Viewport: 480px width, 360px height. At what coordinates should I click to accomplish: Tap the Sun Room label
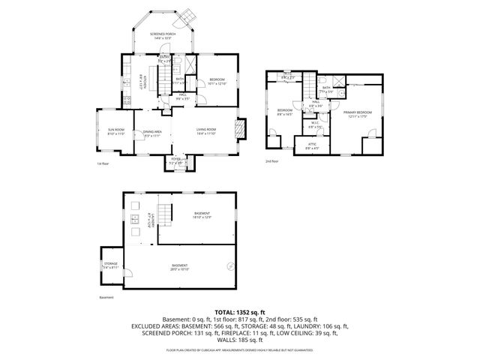(115, 130)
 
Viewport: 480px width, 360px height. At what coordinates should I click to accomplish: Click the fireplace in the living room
(239, 130)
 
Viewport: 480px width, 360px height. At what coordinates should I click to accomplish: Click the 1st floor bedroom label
(217, 81)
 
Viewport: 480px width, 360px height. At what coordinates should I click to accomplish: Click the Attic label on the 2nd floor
(312, 146)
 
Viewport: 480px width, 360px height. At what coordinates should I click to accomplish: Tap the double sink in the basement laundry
(135, 220)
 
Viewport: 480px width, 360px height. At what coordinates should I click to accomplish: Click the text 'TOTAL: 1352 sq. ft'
(239, 311)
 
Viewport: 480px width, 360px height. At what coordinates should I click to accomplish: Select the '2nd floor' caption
(271, 160)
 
